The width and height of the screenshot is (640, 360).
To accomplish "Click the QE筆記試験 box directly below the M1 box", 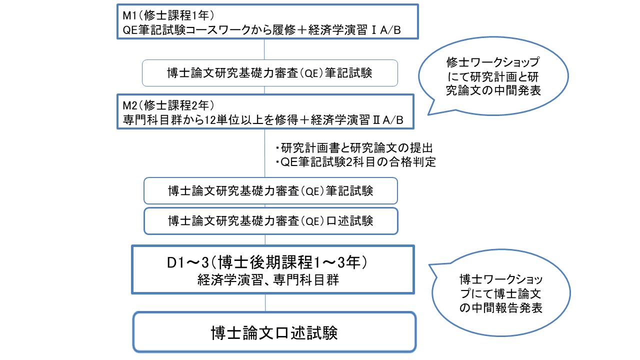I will pos(270,73).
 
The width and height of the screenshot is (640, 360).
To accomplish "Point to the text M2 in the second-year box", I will pos(129,106).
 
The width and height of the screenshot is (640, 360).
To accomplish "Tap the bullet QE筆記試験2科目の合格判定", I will pos(355,162).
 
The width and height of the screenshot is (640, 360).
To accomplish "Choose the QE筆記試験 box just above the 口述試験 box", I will pos(270,190).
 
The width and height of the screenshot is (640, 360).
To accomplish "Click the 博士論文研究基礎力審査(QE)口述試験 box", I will pos(270,220).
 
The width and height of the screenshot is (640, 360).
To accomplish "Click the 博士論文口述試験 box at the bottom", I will pos(274,332).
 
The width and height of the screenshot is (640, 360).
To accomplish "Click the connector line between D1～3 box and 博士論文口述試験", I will pos(265,302).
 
